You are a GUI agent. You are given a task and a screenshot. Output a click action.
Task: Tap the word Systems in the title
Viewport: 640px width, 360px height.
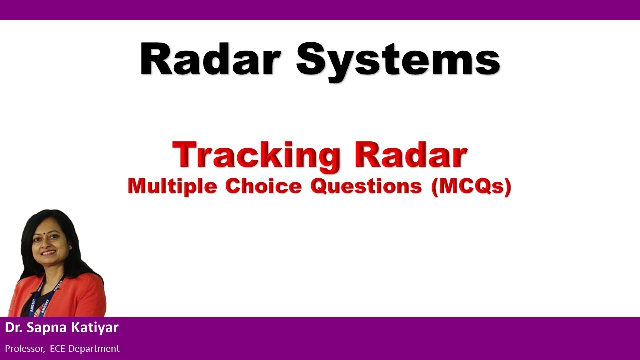coord(398,61)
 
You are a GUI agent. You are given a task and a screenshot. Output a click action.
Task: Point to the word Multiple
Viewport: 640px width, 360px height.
coord(173,186)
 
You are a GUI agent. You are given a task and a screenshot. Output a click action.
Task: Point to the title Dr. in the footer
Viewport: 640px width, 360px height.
coord(13,328)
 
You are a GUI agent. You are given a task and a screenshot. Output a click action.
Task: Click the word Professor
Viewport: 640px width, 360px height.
coord(25,349)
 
